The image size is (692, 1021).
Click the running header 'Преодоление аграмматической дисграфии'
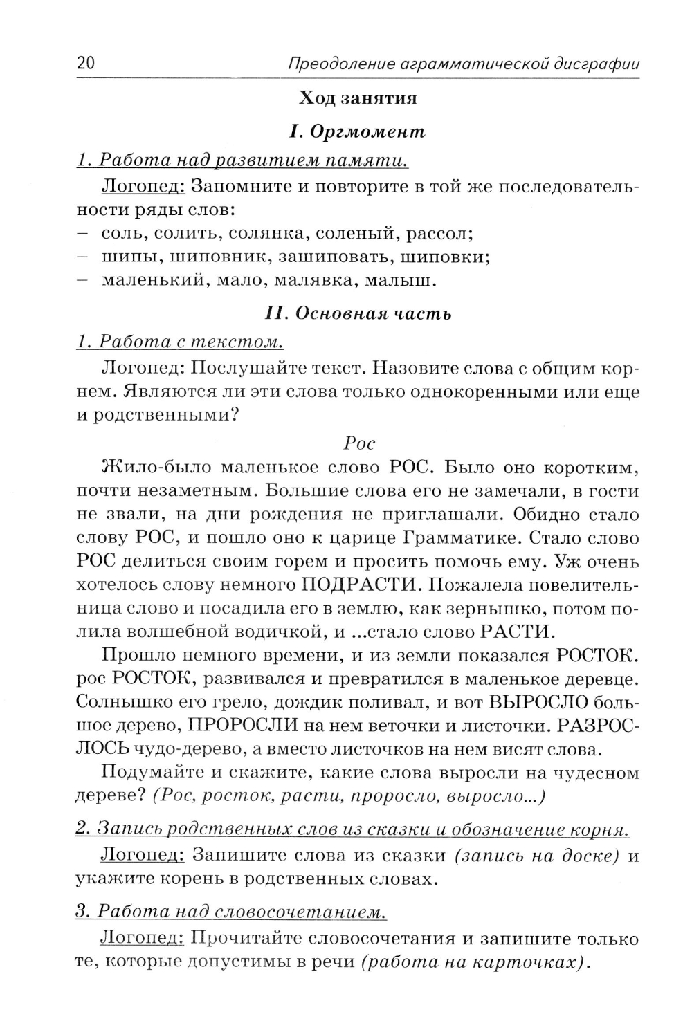pyautogui.click(x=462, y=64)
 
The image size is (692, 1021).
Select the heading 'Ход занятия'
pyautogui.click(x=358, y=98)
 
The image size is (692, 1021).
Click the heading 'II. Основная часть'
pyautogui.click(x=358, y=313)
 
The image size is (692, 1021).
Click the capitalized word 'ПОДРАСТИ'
pyautogui.click(x=361, y=585)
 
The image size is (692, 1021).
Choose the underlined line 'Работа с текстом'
pyautogui.click(x=180, y=342)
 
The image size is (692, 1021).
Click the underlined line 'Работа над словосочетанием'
pyautogui.click(x=230, y=911)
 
